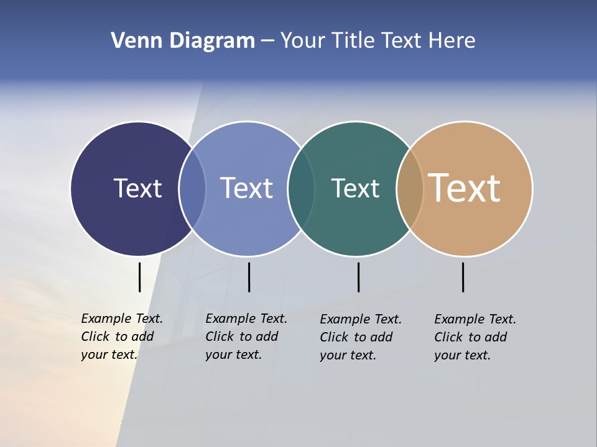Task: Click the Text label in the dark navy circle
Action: (137, 188)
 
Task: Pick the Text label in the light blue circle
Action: (246, 188)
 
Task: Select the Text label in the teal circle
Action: (355, 188)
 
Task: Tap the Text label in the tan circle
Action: (465, 188)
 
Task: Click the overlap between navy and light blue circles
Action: (192, 188)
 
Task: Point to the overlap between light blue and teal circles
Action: (301, 188)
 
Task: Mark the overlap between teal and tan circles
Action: (410, 188)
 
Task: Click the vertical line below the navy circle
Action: (139, 277)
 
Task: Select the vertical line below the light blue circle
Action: (249, 277)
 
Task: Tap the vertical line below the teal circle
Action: (358, 277)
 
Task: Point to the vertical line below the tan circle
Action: (463, 277)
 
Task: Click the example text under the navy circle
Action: (121, 336)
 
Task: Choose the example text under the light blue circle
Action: (246, 336)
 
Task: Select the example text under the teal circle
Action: (360, 337)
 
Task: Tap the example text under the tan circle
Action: (474, 337)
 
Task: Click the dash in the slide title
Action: (267, 41)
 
